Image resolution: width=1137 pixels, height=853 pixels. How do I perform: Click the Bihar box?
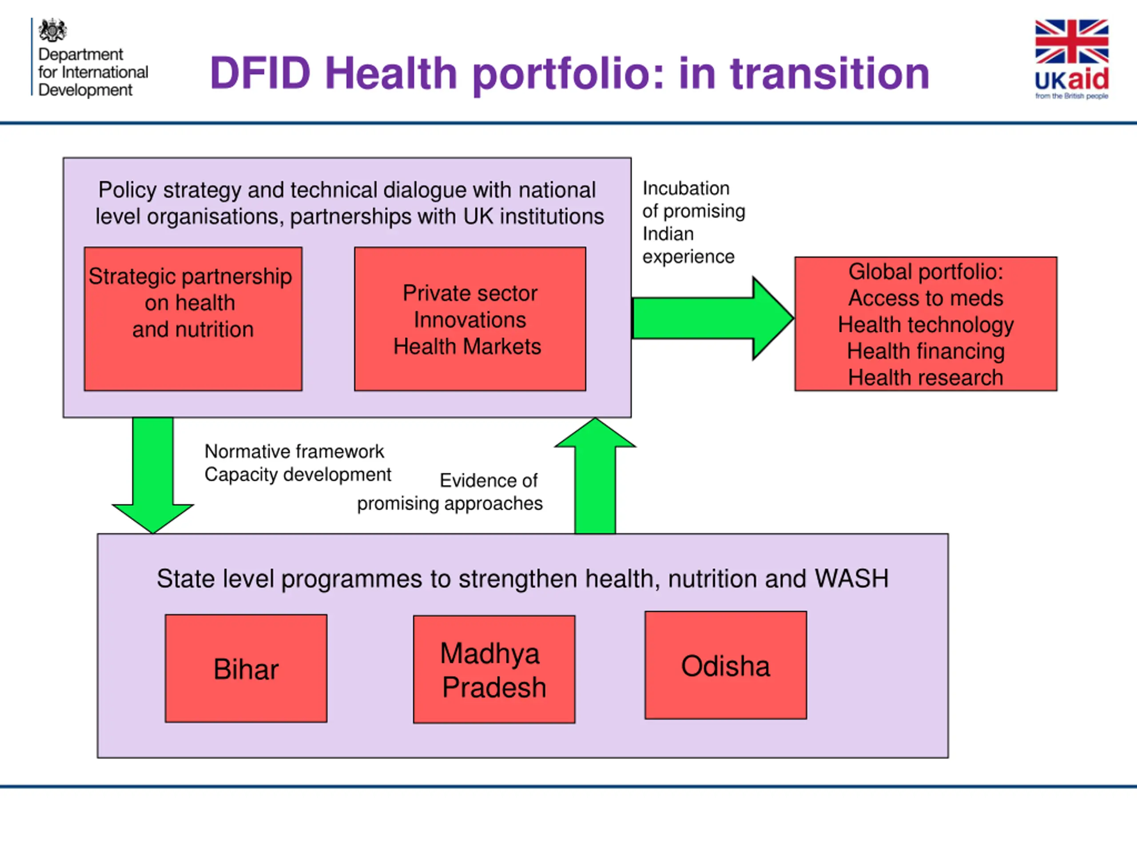246,669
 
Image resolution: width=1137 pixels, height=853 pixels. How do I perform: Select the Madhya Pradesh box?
494,670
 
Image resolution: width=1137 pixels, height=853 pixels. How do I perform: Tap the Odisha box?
725,666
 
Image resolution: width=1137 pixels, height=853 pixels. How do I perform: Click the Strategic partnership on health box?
193,319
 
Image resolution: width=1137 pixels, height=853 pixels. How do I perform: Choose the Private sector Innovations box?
470,319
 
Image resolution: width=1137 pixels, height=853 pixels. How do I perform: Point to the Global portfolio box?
925,324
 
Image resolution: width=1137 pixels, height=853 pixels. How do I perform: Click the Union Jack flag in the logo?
1071,41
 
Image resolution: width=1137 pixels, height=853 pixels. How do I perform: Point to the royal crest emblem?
52,30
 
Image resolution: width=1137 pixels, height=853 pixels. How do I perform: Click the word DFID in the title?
260,73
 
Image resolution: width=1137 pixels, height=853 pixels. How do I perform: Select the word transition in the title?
830,73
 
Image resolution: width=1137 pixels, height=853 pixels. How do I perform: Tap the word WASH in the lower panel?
851,578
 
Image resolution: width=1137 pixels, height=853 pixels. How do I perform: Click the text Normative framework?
294,451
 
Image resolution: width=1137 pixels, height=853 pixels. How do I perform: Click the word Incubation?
686,188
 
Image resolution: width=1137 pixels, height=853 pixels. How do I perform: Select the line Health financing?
925,351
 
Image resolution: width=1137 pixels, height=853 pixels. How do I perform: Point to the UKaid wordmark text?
1071,80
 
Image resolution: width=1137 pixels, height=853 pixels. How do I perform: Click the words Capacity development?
298,474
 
